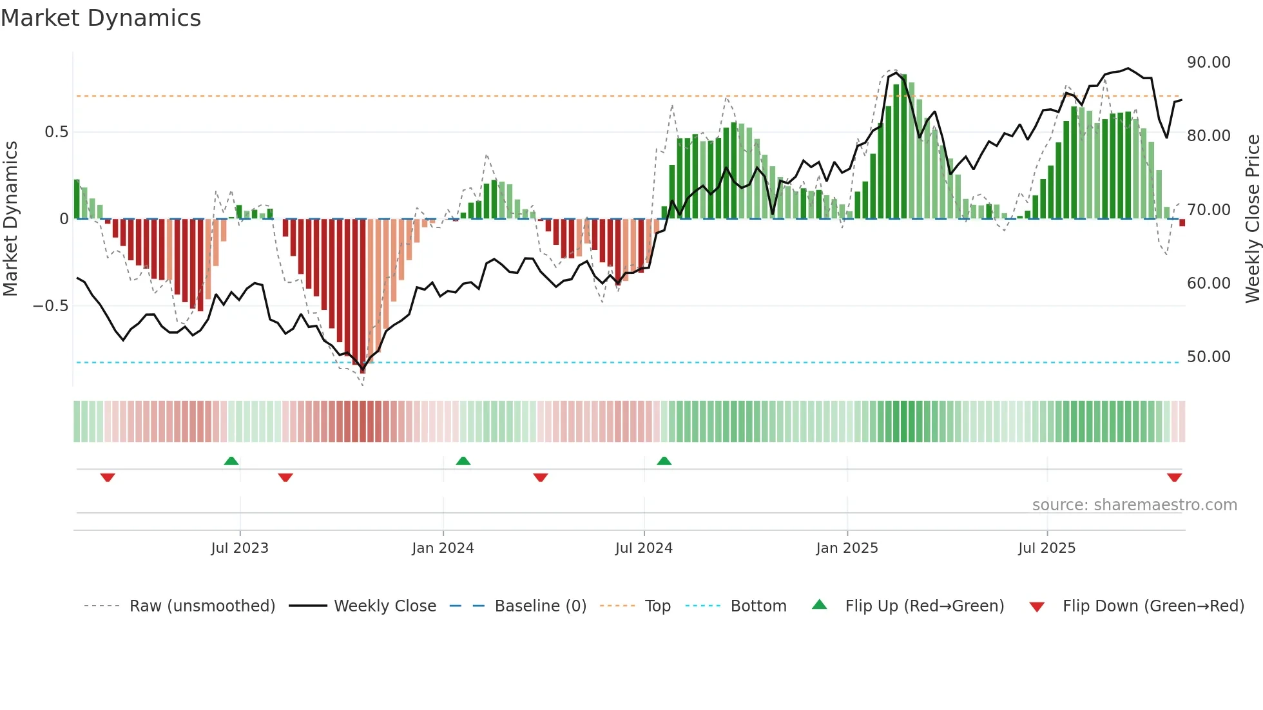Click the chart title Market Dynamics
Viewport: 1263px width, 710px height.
tap(101, 18)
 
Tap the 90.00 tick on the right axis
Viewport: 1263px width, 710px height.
tap(1208, 62)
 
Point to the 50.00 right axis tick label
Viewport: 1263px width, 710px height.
tap(1208, 357)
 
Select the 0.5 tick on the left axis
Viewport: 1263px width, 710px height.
tap(56, 132)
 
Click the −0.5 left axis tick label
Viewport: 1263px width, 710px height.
tap(51, 306)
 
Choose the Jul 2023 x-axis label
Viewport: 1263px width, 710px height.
tap(240, 548)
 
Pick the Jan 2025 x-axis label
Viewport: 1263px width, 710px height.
tap(847, 548)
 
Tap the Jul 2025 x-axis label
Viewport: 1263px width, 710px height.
tap(1046, 548)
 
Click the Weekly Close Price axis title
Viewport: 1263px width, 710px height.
tap(1252, 218)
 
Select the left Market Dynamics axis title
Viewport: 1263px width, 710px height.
tap(10, 218)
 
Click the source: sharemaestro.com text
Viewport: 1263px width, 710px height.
tap(1134, 505)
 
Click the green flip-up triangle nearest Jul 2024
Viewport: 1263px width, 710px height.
tap(664, 461)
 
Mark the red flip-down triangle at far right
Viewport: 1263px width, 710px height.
tap(1174, 477)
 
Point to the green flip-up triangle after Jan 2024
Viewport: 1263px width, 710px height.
tap(463, 461)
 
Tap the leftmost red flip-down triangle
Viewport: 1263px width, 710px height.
tap(108, 477)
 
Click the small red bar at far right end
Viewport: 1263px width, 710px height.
tap(1182, 222)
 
